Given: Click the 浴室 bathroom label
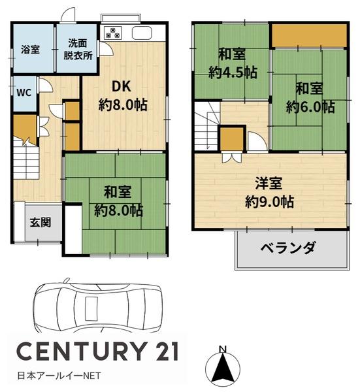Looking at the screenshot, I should (30, 49).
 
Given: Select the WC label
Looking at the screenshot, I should (24, 91).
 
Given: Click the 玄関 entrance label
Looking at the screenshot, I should (37, 221).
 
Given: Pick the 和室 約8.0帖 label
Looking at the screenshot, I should (118, 201).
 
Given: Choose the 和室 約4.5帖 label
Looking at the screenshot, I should (232, 63).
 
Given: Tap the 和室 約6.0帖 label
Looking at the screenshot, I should (310, 97).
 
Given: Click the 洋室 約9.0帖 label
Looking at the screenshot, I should (269, 193).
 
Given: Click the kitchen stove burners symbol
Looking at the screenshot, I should (112, 33).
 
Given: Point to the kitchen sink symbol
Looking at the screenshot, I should (142, 33).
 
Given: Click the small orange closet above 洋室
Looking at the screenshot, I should (231, 139).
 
